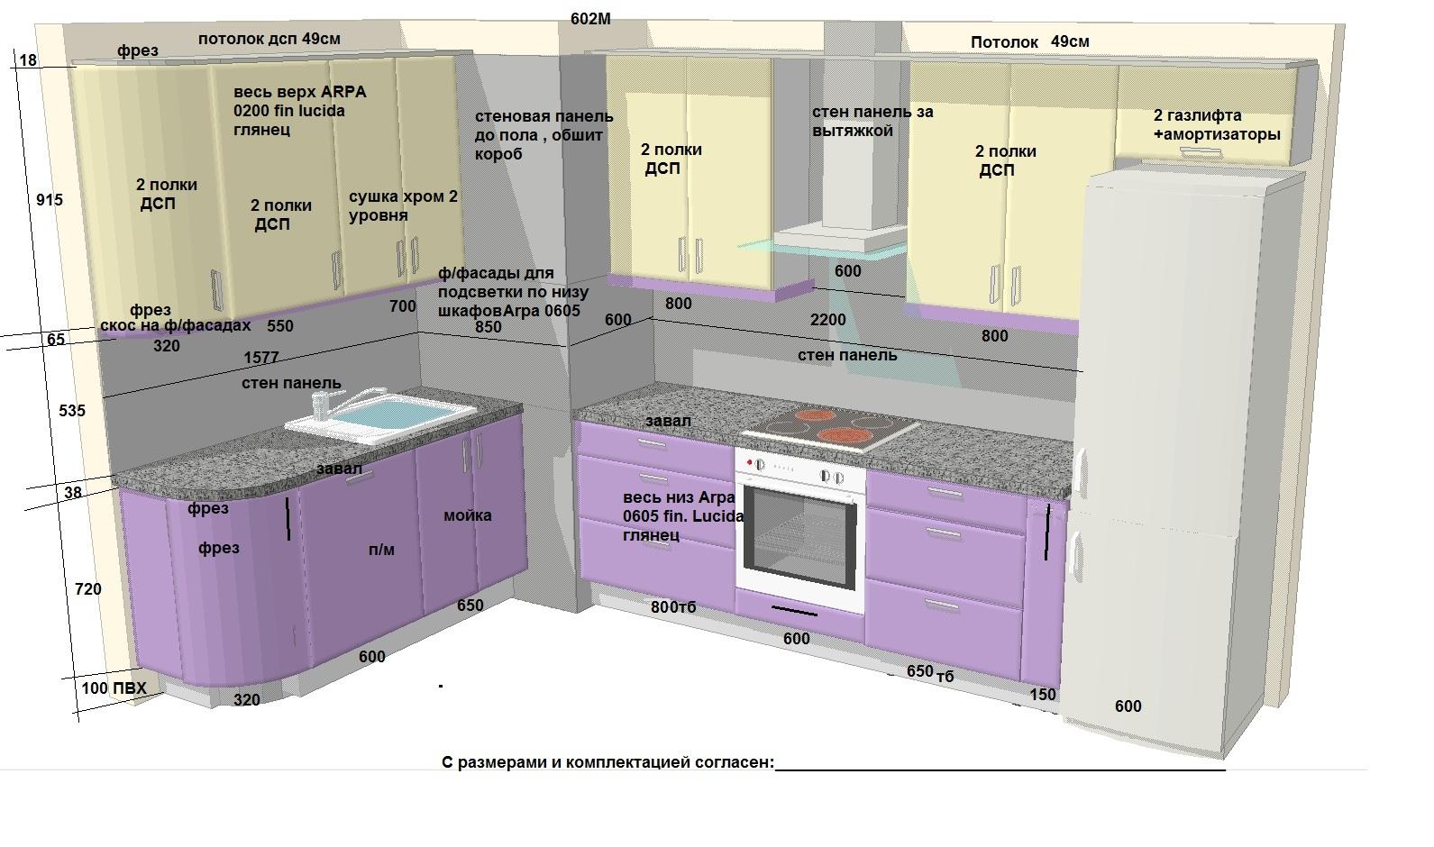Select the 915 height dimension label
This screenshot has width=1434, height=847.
50,200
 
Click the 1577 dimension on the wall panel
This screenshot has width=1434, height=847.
261,357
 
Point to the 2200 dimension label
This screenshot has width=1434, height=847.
827,320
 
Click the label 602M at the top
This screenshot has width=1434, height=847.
590,19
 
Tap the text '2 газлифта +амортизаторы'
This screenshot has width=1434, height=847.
1217,125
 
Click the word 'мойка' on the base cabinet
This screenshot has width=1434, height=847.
467,515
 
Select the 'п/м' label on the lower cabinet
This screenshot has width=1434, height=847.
381,550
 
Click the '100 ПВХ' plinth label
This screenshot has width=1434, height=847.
114,688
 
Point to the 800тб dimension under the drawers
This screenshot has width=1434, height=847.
672,607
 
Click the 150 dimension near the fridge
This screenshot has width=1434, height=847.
1043,694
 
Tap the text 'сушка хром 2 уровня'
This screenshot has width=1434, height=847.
403,205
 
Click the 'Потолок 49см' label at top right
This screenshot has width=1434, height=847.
1029,41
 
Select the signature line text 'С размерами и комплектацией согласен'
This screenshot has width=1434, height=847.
607,762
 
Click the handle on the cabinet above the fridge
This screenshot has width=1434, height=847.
1201,151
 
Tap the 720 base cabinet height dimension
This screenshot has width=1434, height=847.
87,589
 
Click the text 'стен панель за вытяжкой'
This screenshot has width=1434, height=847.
872,121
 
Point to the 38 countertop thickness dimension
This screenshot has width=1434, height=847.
73,492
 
